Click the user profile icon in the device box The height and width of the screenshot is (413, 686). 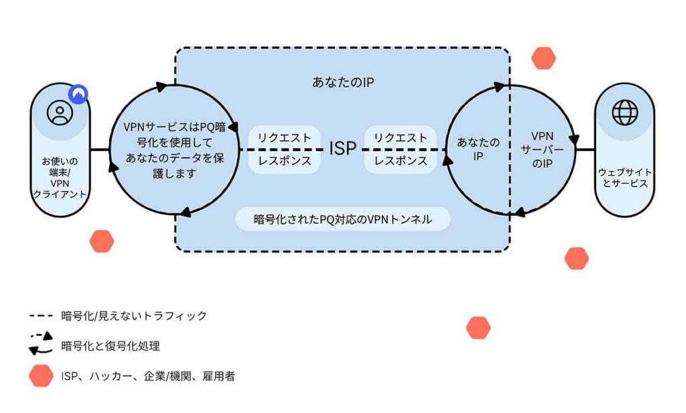tap(60, 113)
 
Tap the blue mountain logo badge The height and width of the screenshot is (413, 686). tap(78, 94)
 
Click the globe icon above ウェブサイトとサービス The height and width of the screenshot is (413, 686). tap(625, 113)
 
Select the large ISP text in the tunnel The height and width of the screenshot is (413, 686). tap(342, 148)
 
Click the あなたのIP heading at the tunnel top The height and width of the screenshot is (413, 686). tap(343, 82)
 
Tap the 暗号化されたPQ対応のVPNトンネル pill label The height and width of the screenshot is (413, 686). tap(343, 219)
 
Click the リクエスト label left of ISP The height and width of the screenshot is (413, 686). tap(284, 137)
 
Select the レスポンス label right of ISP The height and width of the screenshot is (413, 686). tap(401, 161)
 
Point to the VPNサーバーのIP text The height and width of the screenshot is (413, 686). tap(542, 150)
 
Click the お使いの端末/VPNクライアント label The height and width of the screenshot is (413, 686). tap(60, 178)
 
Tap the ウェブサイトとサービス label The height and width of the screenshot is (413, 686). tap(625, 178)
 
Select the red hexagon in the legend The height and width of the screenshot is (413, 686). tap(41, 375)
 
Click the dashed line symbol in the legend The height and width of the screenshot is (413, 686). tap(41, 315)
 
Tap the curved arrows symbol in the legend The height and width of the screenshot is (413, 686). tap(41, 343)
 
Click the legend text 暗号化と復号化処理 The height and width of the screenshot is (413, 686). tap(111, 346)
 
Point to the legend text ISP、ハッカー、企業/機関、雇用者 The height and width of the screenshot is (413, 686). tap(148, 375)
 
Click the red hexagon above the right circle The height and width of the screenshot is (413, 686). tap(543, 58)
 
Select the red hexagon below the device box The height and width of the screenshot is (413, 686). tap(102, 241)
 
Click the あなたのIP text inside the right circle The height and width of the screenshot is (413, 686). tap(478, 149)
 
